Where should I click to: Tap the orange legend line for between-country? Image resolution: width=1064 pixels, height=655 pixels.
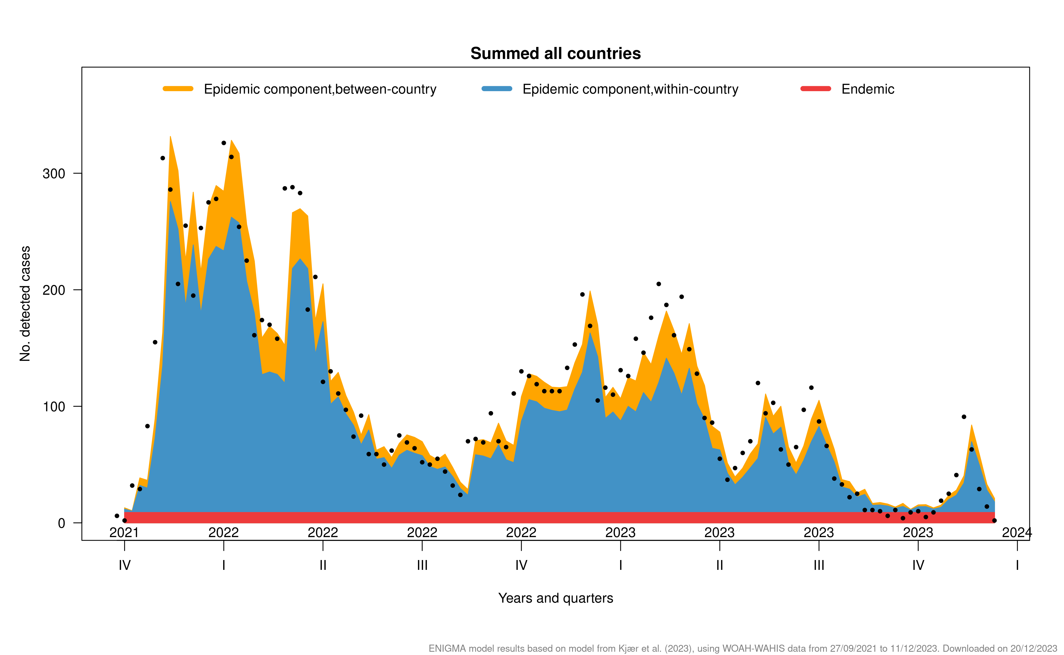(178, 89)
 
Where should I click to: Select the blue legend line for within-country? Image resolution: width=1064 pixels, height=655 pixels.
(497, 89)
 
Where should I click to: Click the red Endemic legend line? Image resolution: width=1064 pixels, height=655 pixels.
(815, 89)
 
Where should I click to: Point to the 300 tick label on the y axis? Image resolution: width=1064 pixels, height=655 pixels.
(54, 174)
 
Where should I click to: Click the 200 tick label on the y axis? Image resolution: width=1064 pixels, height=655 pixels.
(54, 290)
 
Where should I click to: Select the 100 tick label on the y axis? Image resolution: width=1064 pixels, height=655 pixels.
(54, 407)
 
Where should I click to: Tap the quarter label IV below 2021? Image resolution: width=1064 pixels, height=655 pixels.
(124, 565)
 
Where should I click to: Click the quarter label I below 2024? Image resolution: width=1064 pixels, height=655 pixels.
(1017, 565)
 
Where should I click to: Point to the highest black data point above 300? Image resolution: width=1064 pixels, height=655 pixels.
(223, 143)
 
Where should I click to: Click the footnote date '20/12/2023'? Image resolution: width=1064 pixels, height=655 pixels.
(1034, 648)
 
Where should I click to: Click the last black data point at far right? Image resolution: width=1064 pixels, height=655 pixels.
(994, 521)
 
